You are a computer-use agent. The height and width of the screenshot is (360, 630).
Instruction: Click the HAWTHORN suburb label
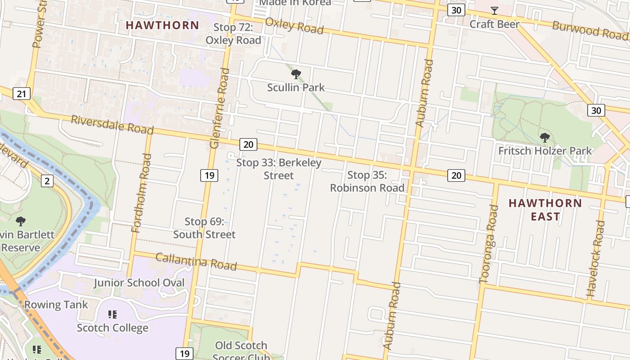[162, 25]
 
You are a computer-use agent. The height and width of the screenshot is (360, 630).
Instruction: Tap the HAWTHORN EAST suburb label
[545, 210]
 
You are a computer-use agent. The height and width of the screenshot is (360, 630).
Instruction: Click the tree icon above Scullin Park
[296, 74]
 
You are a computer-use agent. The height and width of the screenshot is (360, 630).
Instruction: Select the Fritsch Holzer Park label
[545, 151]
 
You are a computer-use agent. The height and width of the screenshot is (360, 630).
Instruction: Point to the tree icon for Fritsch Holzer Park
[544, 137]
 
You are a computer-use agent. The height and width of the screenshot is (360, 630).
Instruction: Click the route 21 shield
[22, 94]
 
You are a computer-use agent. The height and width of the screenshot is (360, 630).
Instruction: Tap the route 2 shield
[47, 181]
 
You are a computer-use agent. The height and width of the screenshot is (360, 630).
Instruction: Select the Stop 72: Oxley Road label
[233, 34]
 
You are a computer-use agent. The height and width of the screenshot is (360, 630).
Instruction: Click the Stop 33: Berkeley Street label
[279, 169]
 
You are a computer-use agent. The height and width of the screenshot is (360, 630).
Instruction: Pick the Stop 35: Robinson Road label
[367, 181]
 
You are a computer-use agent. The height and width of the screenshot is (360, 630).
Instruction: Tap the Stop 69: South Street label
[204, 228]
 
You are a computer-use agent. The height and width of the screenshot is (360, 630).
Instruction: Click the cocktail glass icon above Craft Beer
[495, 11]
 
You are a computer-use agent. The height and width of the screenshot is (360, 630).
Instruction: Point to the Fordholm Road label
[141, 193]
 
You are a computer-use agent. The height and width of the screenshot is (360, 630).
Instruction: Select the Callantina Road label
[196, 261]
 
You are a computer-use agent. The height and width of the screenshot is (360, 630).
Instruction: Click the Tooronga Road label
[489, 244]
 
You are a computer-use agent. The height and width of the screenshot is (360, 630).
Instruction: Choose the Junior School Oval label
[139, 283]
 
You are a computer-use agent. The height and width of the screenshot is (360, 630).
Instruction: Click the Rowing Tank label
[56, 305]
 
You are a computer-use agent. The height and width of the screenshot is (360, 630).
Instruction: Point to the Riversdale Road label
[112, 125]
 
